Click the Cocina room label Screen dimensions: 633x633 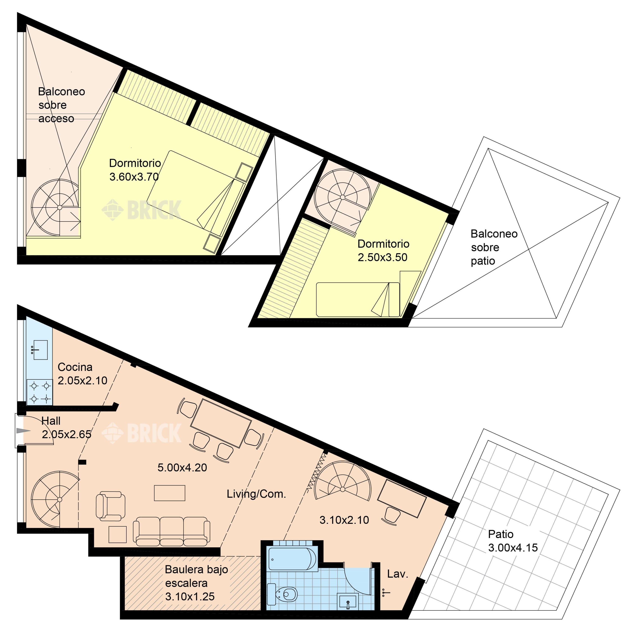tap(75, 367)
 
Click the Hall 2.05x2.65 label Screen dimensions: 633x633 tap(66, 427)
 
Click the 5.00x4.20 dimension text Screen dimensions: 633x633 tap(182, 468)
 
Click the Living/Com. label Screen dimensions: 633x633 tap(256, 494)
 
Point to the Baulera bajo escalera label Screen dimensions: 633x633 tap(196, 583)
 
